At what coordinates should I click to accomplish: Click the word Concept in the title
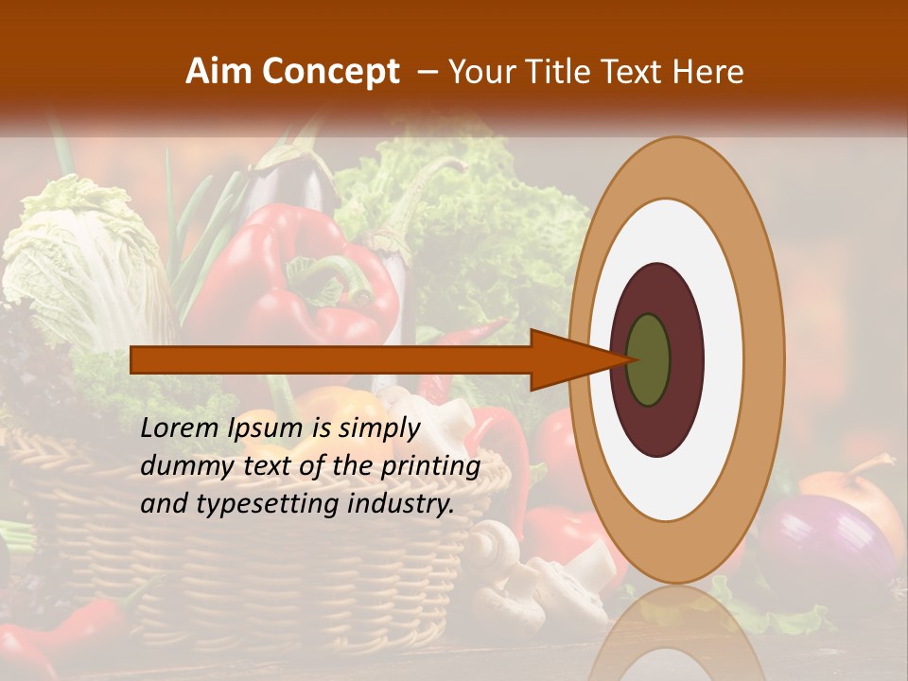click(x=331, y=72)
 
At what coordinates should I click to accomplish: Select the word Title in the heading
click(x=559, y=72)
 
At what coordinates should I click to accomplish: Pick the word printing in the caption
click(x=430, y=466)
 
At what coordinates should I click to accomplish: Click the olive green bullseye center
click(x=649, y=359)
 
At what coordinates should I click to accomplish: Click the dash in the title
click(x=427, y=72)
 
